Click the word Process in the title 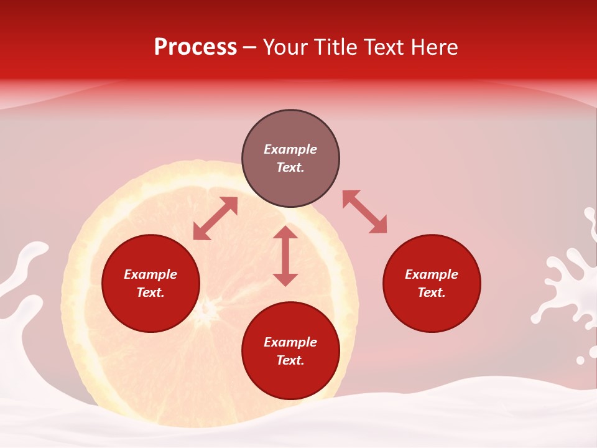pyautogui.click(x=195, y=47)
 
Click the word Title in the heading pyautogui.click(x=334, y=47)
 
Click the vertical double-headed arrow pyautogui.click(x=285, y=256)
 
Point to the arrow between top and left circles pyautogui.click(x=215, y=218)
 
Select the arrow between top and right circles pyautogui.click(x=364, y=212)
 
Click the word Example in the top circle pyautogui.click(x=290, y=149)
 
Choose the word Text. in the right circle pyautogui.click(x=432, y=292)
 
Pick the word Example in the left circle pyautogui.click(x=150, y=274)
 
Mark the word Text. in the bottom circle pyautogui.click(x=290, y=360)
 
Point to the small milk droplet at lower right pyautogui.click(x=580, y=360)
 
